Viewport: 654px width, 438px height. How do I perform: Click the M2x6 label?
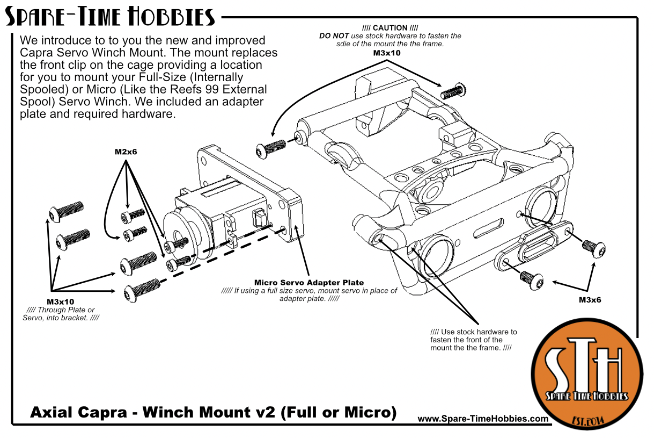126,152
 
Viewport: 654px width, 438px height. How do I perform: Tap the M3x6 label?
590,300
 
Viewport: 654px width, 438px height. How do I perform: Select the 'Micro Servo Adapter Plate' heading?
308,282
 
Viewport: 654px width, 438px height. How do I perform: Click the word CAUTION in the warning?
390,28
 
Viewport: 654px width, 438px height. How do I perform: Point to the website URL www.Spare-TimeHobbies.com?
482,419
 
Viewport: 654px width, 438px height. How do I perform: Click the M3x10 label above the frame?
387,53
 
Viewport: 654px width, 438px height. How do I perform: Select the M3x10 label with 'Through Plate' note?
60,301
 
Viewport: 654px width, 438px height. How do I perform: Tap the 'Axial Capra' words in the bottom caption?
77,413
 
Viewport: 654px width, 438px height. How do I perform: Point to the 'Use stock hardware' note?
473,340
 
